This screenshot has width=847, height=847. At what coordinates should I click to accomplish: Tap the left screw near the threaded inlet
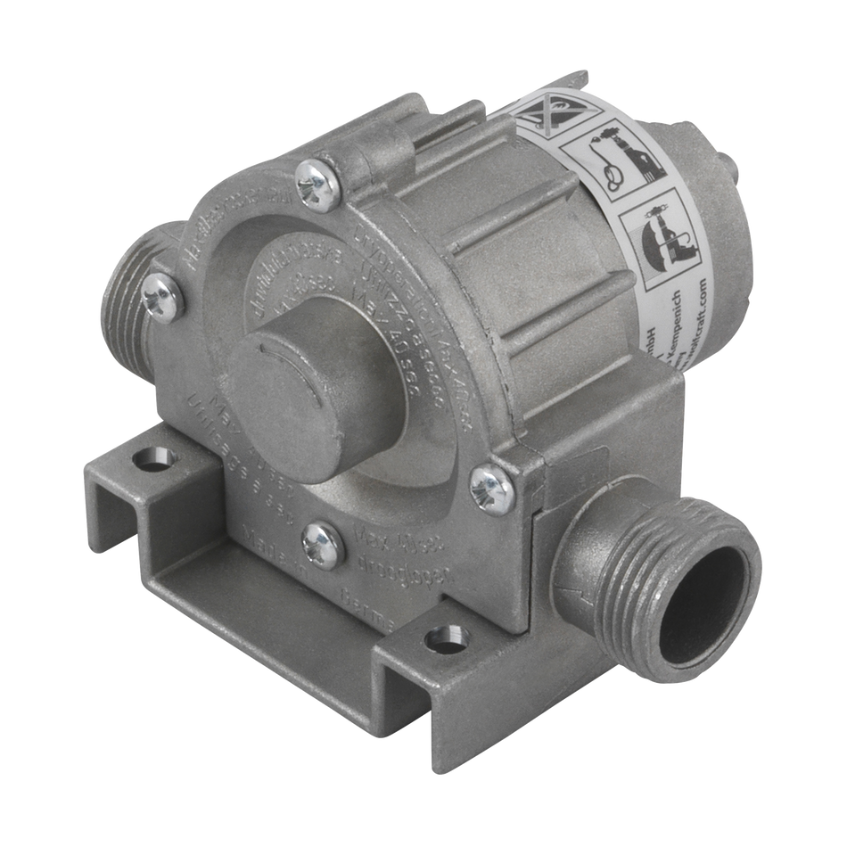click(162, 296)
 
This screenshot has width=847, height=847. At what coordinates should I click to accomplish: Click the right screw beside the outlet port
click(491, 489)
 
